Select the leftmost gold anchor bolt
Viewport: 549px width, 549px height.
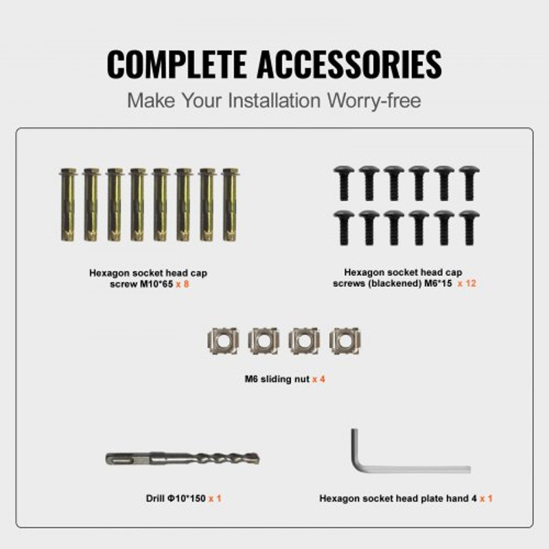click(x=68, y=205)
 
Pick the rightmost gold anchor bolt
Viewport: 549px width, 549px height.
click(x=229, y=205)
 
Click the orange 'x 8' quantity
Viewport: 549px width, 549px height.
click(x=182, y=283)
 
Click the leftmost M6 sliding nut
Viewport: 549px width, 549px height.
click(x=223, y=340)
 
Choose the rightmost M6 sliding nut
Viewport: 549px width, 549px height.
click(x=344, y=340)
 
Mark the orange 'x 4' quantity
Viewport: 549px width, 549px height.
click(x=318, y=378)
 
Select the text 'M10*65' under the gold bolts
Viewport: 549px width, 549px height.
click(x=155, y=283)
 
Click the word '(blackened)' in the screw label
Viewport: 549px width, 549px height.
click(x=404, y=283)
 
